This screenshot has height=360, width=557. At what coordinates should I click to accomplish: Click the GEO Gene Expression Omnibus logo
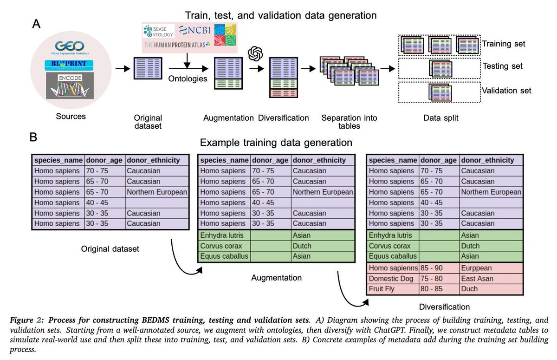coord(70,47)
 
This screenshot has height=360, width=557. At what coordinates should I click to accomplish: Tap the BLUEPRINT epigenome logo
coord(69,65)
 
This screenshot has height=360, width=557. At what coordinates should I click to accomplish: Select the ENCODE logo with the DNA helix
coord(70,85)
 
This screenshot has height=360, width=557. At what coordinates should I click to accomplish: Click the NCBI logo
coord(194,30)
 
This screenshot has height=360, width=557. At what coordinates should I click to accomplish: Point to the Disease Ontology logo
coord(158,31)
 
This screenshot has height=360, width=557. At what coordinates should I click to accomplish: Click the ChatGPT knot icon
coord(255,53)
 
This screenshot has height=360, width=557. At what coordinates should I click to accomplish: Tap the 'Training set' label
coord(504,44)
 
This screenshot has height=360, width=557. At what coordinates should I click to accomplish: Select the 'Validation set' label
coord(506,91)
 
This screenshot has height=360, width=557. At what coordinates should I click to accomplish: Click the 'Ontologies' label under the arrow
coord(188,79)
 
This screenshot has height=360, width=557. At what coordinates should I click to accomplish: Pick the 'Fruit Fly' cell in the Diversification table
coord(382,289)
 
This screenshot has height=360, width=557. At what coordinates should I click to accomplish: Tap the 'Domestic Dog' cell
coord(391,278)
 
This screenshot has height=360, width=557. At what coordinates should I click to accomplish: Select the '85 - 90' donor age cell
coord(431,268)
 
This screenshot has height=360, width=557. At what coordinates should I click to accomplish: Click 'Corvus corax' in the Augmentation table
coord(221,246)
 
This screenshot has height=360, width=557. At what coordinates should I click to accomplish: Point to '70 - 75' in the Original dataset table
coord(97,170)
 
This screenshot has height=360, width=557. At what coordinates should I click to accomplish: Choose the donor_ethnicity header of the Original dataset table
coord(153,160)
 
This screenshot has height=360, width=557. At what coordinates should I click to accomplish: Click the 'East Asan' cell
coord(477,278)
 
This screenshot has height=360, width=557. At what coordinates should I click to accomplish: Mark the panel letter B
coord(33,137)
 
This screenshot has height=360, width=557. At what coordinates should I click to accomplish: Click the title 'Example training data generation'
coord(276,143)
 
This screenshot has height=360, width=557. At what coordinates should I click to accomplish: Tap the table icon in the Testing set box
coord(440,68)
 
